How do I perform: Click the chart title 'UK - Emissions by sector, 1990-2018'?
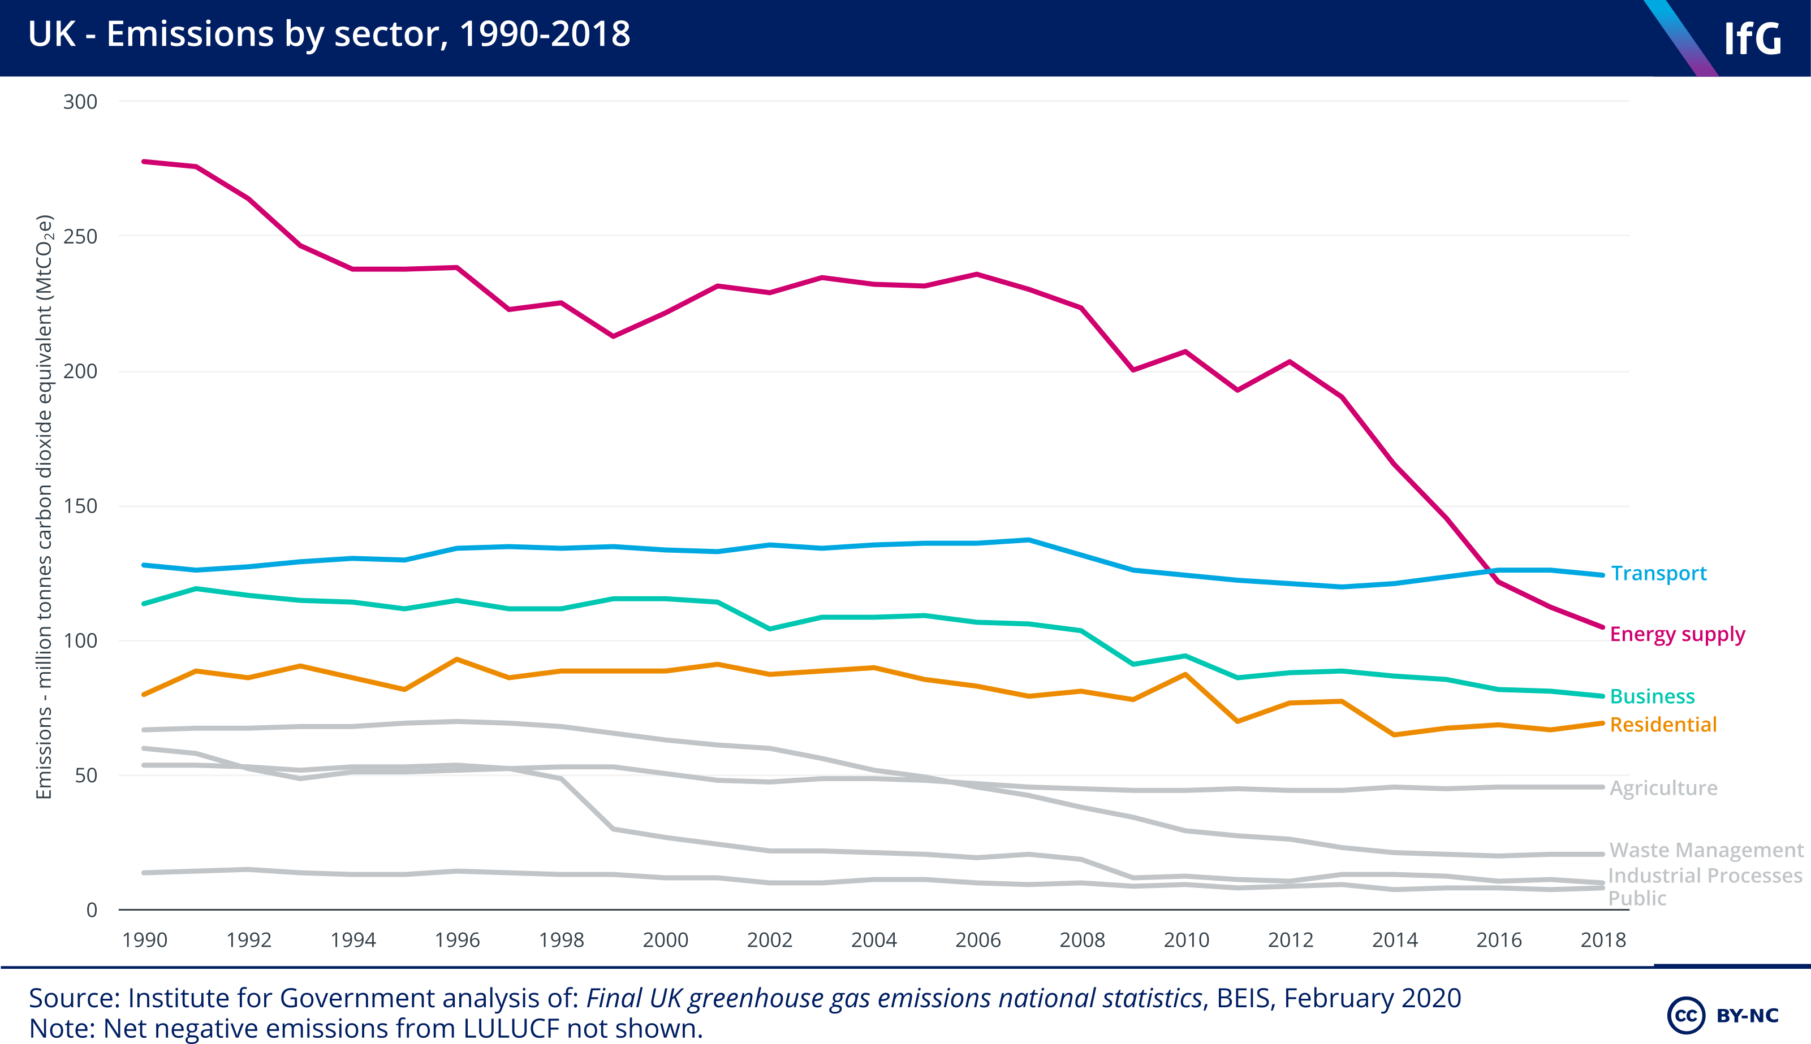click(329, 34)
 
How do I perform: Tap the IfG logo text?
click(1752, 39)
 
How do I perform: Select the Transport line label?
click(1658, 574)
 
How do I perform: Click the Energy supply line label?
click(1677, 635)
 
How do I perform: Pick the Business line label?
click(1652, 696)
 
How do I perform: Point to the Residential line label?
click(1663, 725)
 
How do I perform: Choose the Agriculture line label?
click(1663, 788)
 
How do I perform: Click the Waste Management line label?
click(1706, 850)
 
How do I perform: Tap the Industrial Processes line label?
click(1704, 876)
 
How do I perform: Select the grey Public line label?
click(1637, 898)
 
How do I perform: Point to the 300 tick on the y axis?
click(80, 102)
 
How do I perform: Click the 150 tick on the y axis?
click(80, 506)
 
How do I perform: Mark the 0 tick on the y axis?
click(92, 910)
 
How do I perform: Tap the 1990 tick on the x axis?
click(145, 940)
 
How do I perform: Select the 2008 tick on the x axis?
click(1081, 940)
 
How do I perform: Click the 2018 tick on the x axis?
click(1603, 940)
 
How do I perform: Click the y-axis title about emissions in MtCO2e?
click(45, 506)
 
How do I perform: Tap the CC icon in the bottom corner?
click(1685, 1015)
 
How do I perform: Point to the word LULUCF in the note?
click(511, 1028)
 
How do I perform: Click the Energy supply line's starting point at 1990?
click(144, 161)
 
